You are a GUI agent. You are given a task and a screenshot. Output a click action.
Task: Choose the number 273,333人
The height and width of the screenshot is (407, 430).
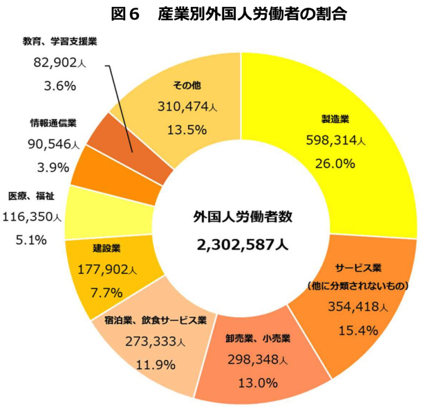click(x=156, y=342)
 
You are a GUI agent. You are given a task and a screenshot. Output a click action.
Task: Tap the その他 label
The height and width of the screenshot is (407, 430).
click(x=187, y=84)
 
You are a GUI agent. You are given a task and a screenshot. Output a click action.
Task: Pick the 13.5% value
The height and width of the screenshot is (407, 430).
click(x=187, y=129)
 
